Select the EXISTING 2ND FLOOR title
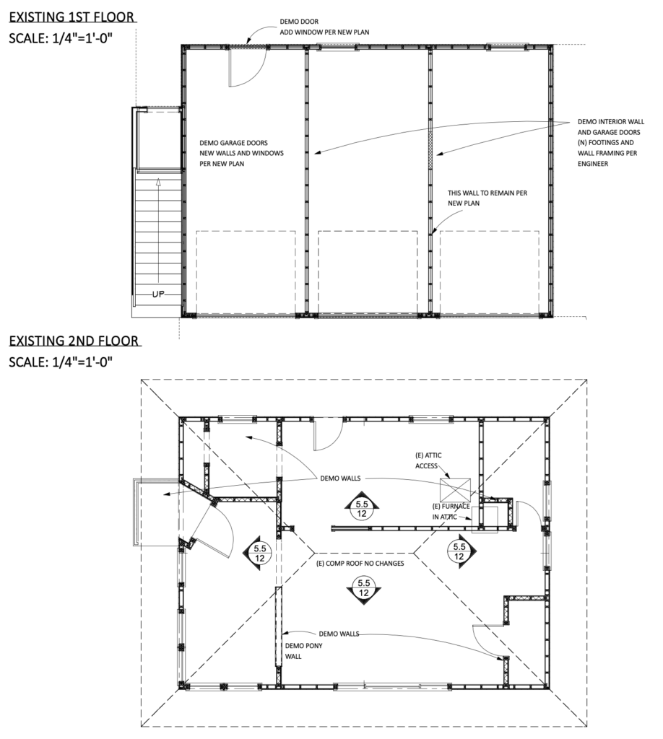(73, 341)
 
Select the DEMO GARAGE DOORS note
(241, 154)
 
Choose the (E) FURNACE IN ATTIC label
(452, 511)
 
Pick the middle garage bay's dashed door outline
(369, 273)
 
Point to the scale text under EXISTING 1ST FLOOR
(61, 38)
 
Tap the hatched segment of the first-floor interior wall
(431, 152)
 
